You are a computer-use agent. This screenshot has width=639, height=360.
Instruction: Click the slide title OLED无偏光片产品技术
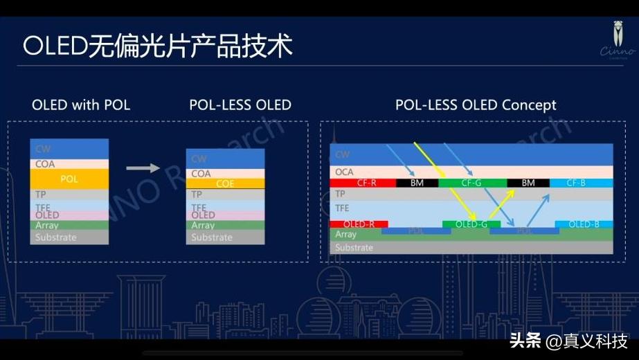[158, 47]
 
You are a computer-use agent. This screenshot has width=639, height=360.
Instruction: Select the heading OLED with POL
[81, 105]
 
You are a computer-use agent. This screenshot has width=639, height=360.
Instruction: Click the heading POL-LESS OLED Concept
[476, 105]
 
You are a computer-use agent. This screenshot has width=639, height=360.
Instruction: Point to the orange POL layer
[69, 179]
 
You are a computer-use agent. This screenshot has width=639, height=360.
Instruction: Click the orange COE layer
[225, 184]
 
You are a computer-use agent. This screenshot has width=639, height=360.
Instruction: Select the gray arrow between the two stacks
[143, 168]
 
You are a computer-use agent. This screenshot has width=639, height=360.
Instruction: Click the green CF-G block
[472, 183]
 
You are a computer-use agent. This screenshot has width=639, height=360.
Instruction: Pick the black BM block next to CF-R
[417, 183]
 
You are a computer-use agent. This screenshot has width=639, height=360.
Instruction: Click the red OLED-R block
[359, 224]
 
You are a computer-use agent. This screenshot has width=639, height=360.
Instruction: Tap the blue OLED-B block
[584, 224]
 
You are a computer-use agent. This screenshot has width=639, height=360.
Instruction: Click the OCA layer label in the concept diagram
[344, 171]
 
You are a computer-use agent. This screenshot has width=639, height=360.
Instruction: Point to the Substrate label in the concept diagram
[354, 248]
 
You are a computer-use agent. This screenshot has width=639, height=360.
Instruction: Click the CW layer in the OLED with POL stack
[69, 149]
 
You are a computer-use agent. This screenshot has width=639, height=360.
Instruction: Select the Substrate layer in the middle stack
[225, 237]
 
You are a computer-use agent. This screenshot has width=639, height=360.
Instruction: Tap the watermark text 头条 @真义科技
[568, 341]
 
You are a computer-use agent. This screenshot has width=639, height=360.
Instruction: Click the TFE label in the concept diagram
[343, 208]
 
